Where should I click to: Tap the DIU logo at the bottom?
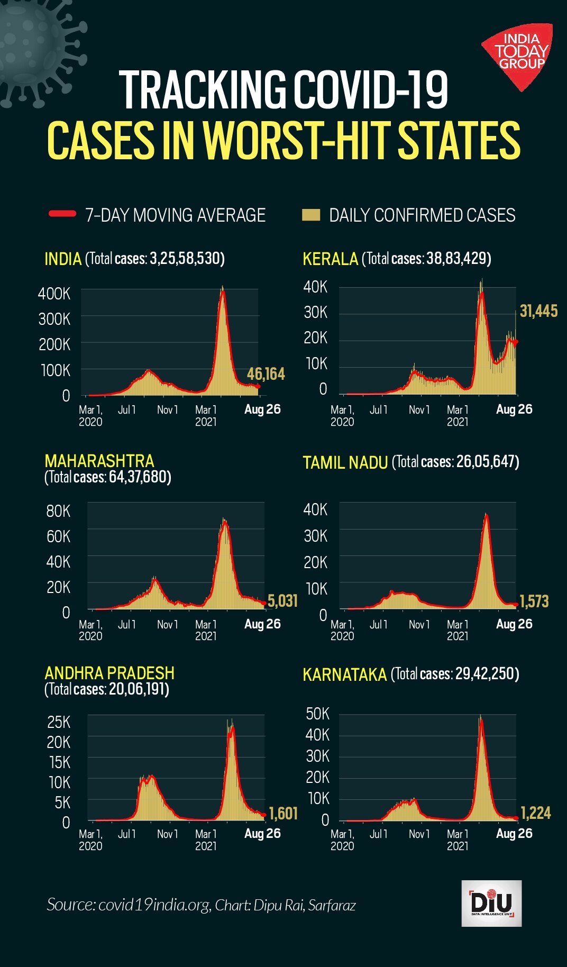[491, 903]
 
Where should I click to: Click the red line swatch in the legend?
[62, 214]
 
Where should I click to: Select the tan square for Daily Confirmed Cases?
[311, 214]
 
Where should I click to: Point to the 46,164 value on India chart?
[266, 374]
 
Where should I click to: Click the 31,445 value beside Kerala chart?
[538, 311]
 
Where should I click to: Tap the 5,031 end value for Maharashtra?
[282, 601]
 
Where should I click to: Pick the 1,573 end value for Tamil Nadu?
[534, 601]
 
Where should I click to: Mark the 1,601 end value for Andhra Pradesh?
[283, 813]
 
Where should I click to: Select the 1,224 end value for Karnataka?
[535, 813]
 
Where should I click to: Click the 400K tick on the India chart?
[54, 294]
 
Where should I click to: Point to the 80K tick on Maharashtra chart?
[58, 511]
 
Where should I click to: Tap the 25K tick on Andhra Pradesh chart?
[58, 722]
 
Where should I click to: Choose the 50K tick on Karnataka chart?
[317, 714]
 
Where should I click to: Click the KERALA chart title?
[330, 259]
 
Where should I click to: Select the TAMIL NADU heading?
[345, 462]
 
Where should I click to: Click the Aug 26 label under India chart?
[262, 409]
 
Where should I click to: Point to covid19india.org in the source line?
[154, 905]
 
